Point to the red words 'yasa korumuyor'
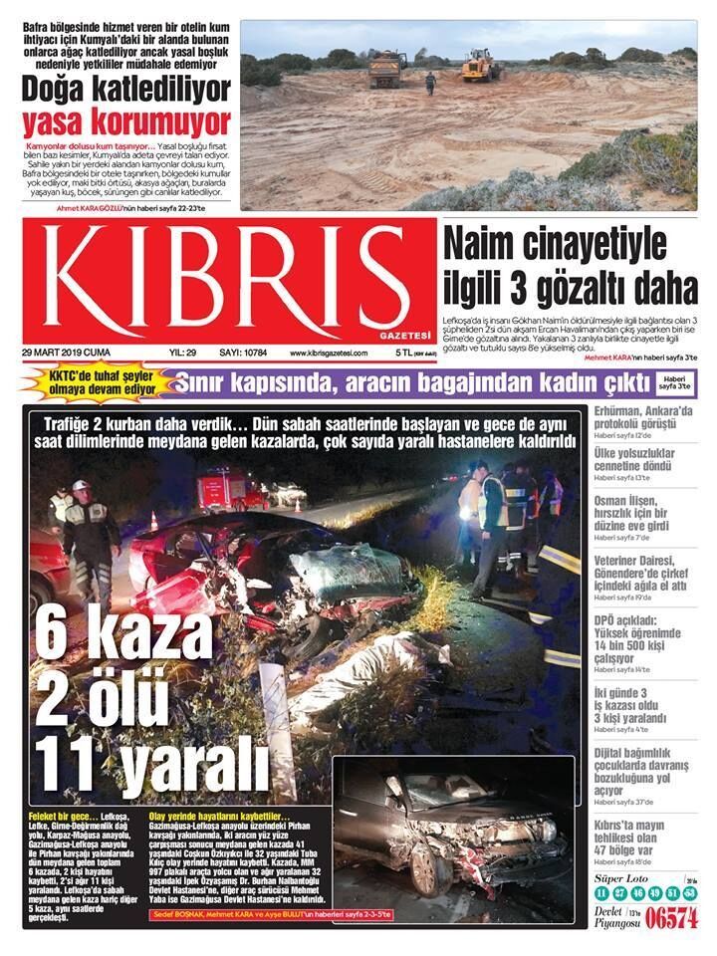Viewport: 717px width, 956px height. coord(126,122)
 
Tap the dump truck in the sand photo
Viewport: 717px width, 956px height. coord(387,69)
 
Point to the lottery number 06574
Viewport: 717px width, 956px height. coord(671,919)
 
